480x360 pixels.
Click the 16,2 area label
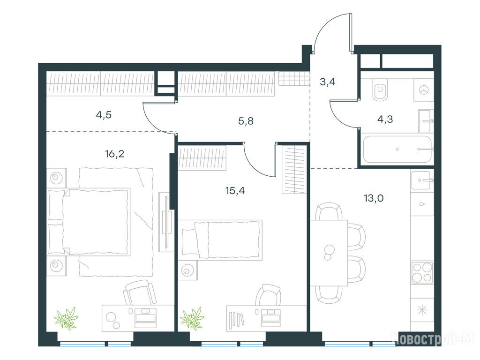tap(114, 154)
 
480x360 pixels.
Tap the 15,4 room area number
tap(235, 191)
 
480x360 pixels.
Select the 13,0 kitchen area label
tap(374, 198)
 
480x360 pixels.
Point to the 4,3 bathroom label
tap(385, 119)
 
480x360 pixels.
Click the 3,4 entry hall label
tap(328, 82)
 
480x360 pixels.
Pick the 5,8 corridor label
tap(246, 121)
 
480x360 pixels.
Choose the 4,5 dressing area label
tap(104, 115)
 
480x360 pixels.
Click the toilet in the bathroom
tap(380, 89)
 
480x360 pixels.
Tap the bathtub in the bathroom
tap(397, 150)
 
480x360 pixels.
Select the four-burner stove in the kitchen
tap(422, 272)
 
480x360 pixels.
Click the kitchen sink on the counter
tap(422, 180)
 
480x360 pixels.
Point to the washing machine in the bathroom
tap(424, 90)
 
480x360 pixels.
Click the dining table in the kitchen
tap(329, 253)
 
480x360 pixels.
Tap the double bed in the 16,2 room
tap(89, 222)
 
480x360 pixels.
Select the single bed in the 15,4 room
tap(220, 240)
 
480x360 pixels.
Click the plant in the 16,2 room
tap(67, 318)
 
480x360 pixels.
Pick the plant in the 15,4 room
tap(192, 318)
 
